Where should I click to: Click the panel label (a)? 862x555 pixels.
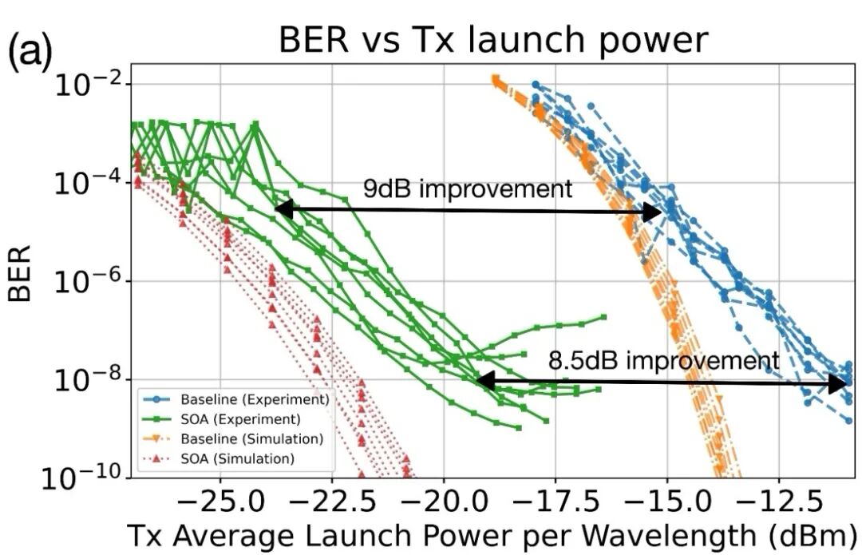point(30,52)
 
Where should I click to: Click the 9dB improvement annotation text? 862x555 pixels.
point(468,189)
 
